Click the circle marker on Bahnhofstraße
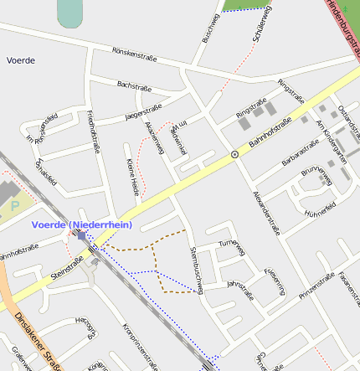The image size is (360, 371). coord(234,154)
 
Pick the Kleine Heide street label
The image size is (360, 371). coord(132,176)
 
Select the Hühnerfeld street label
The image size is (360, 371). coord(320,207)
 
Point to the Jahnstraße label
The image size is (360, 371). coord(240,290)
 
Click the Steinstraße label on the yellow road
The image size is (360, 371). coord(66,270)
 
